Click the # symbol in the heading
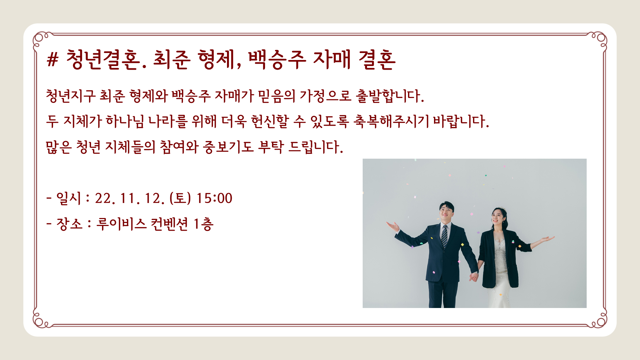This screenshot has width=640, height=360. [x=53, y=60]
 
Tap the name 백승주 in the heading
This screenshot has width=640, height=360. [x=277, y=60]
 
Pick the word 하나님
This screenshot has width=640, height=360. [x=125, y=121]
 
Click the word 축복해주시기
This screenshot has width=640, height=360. [x=391, y=121]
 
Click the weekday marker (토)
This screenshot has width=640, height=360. [x=180, y=198]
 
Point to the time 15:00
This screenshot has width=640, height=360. [x=214, y=198]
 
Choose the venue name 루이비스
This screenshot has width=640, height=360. [x=121, y=224]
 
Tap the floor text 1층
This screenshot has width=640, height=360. [x=203, y=224]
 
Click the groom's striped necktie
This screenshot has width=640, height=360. [x=444, y=236]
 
